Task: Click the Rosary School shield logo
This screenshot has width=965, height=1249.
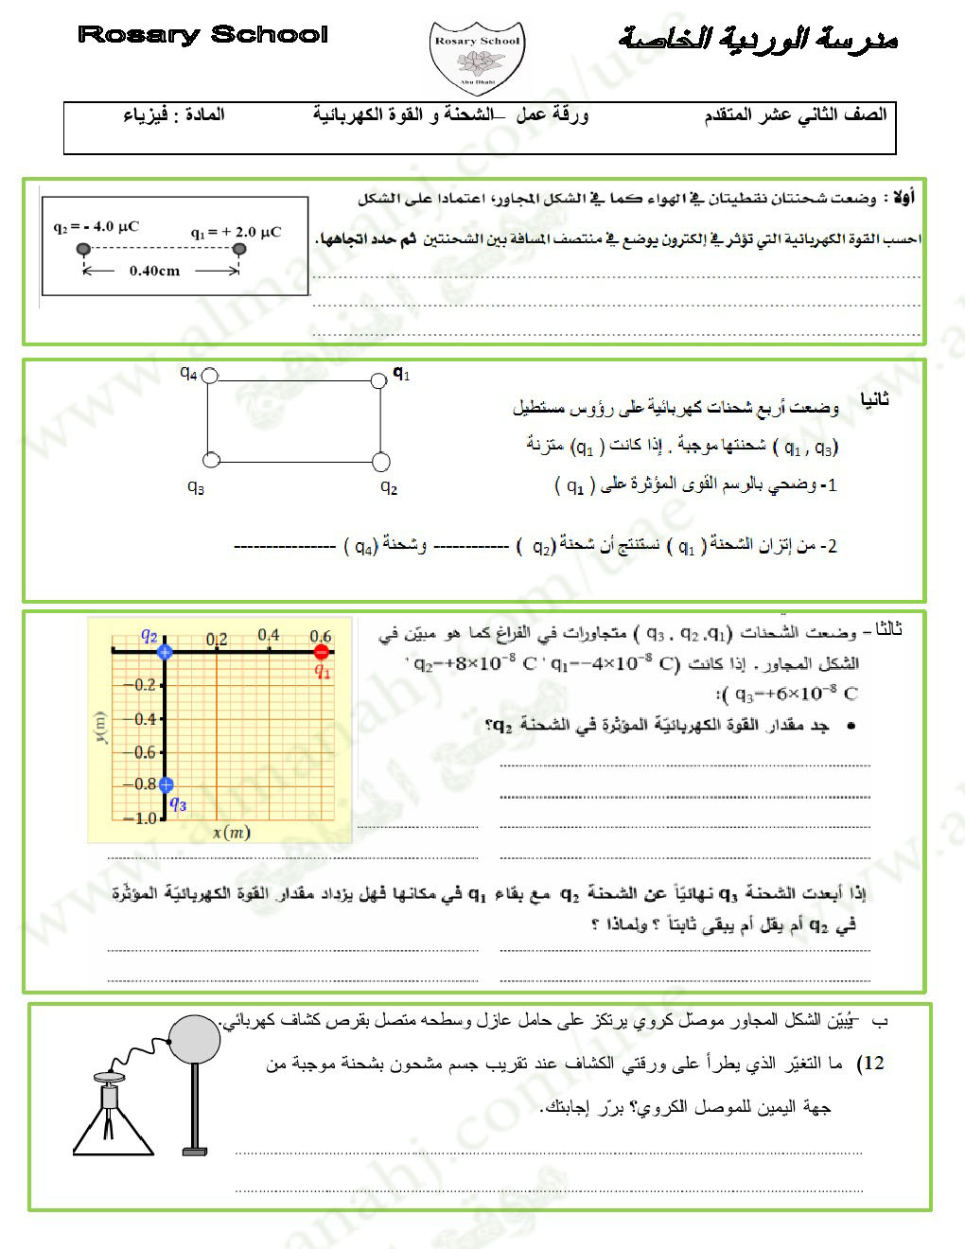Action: [x=477, y=59]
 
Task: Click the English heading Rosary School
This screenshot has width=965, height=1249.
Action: [x=202, y=35]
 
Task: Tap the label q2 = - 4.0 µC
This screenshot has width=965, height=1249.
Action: [x=96, y=227]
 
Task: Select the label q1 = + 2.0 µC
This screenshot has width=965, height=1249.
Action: [x=236, y=232]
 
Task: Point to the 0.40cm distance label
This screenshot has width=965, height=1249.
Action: [x=154, y=271]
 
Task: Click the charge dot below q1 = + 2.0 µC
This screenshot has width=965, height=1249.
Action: [x=239, y=249]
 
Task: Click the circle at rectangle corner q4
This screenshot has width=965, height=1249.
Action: [x=210, y=376]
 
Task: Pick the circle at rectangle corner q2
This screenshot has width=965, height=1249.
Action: [x=381, y=462]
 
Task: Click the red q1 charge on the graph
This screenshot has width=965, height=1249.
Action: [x=321, y=652]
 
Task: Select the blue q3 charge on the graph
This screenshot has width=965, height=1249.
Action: [x=166, y=784]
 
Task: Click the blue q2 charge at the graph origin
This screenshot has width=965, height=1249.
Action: [x=165, y=652]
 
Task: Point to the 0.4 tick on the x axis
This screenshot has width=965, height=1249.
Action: [x=269, y=635]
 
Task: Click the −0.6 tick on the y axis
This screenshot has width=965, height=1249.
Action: [x=144, y=752]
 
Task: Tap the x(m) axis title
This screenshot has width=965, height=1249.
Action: [x=232, y=833]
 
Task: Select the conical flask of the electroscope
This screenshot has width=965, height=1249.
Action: [x=114, y=1126]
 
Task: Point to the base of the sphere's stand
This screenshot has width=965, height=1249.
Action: [x=195, y=1151]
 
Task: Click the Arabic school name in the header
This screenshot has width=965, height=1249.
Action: [x=757, y=38]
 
